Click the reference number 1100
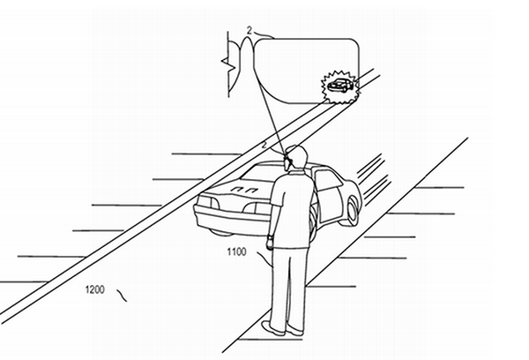click(x=236, y=252)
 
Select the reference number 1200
click(x=95, y=289)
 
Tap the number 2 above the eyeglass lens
click(x=250, y=31)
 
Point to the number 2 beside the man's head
click(x=264, y=145)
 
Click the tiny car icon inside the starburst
click(x=340, y=86)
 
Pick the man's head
click(x=296, y=157)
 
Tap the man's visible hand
click(x=269, y=243)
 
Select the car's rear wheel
click(x=352, y=211)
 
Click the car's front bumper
click(x=233, y=220)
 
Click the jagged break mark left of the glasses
click(x=228, y=64)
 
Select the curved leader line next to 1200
click(x=122, y=295)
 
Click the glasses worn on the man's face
click(x=287, y=156)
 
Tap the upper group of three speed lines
click(x=370, y=165)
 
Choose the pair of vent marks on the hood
click(x=243, y=189)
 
